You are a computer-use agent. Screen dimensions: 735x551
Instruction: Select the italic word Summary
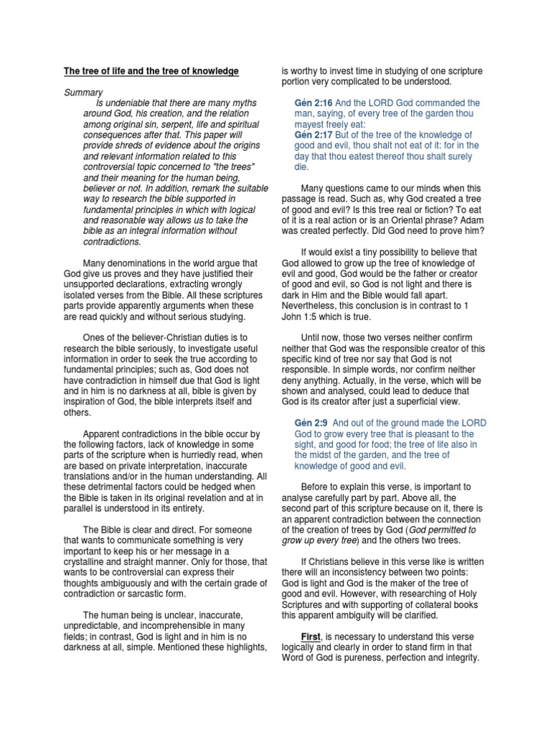(x=83, y=93)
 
